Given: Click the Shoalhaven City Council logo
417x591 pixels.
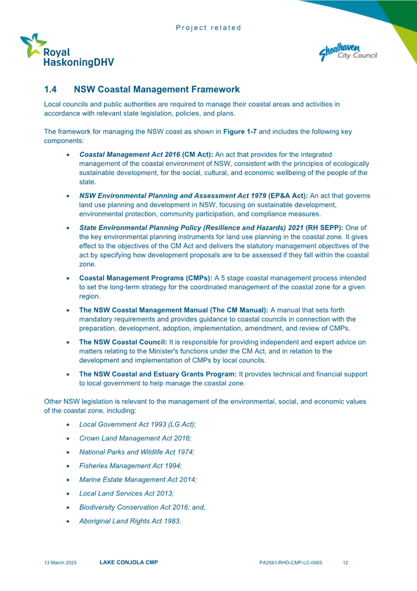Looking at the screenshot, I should (348, 52).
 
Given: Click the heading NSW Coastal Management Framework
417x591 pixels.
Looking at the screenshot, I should (156, 89).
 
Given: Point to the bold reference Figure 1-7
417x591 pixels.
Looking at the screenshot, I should (240, 131).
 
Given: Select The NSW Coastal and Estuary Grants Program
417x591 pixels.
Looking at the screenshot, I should (158, 374).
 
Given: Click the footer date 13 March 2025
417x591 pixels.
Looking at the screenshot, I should (60, 563).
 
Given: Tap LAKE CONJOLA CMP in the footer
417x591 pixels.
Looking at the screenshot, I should (128, 562).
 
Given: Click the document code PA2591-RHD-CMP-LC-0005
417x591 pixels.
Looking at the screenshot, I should (291, 563).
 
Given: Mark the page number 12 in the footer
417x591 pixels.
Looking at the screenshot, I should (345, 563).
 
